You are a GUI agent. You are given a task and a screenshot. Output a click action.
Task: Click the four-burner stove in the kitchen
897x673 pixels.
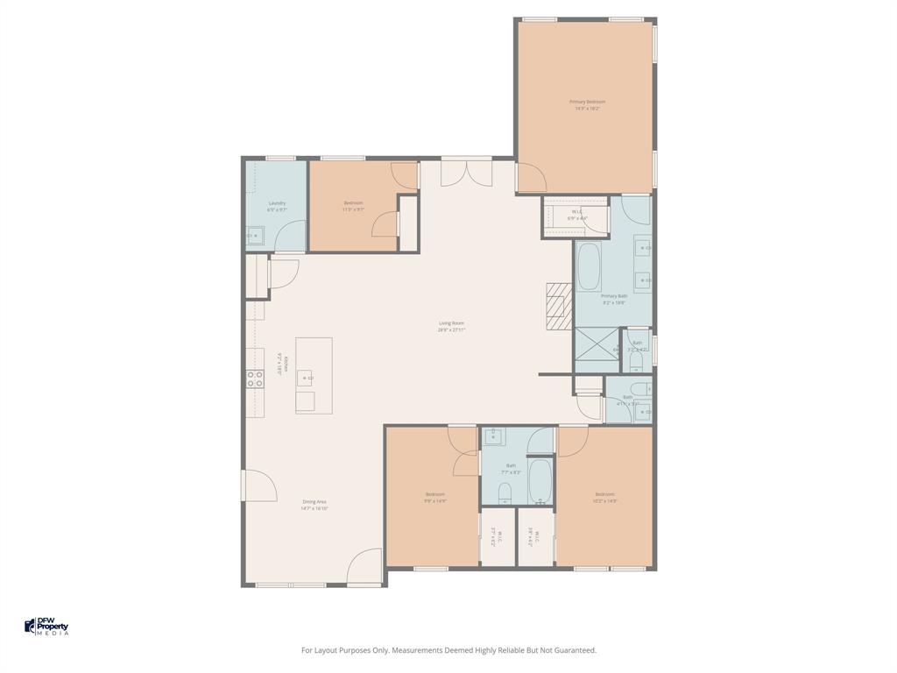(255, 379)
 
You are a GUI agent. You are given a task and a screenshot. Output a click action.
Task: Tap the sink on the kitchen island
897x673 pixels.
(306, 379)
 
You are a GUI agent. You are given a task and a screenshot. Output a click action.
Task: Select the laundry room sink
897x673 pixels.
(255, 235)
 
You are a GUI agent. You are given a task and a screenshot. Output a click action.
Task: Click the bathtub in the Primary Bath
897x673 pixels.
(588, 266)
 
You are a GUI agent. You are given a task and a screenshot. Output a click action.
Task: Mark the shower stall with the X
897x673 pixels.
(596, 348)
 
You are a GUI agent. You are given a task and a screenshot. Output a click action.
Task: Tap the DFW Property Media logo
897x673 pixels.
(46, 627)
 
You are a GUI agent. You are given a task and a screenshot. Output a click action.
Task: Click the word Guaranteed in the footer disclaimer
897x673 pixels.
(575, 650)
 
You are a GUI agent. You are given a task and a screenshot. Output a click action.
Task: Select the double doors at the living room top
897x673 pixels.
(466, 173)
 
